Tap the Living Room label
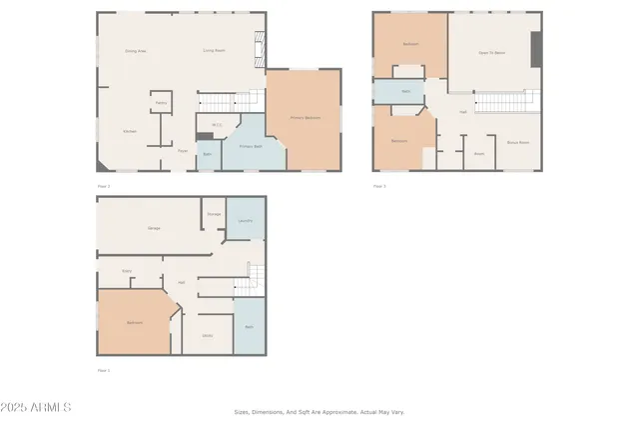coord(213,50)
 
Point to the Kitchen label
coord(130,131)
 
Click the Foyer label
coord(183,151)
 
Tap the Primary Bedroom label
coord(305,118)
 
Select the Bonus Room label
coord(518,142)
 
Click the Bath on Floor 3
coord(406,92)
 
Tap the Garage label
coord(154,229)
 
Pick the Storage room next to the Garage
coord(214,214)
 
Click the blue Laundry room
coord(246,220)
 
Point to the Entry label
coord(128,270)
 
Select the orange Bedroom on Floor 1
coord(134,323)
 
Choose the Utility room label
coord(207,335)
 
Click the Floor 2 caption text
coord(102,186)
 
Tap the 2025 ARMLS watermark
coord(36,408)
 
